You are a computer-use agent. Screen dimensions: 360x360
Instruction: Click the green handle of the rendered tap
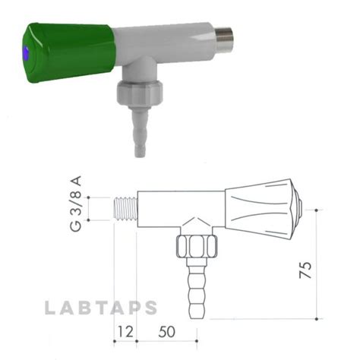pos(68,53)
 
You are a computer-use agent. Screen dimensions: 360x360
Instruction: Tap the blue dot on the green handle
pos(26,52)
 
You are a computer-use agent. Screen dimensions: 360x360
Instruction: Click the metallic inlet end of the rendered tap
pos(224,39)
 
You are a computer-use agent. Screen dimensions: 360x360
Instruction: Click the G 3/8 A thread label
pos(76,204)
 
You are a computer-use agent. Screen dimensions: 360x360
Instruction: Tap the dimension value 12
pos(125,332)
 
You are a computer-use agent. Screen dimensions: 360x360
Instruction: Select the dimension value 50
pos(166,332)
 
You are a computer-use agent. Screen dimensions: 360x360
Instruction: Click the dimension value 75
pos(305,270)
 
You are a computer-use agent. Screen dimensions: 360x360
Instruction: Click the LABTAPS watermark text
pos(101,308)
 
